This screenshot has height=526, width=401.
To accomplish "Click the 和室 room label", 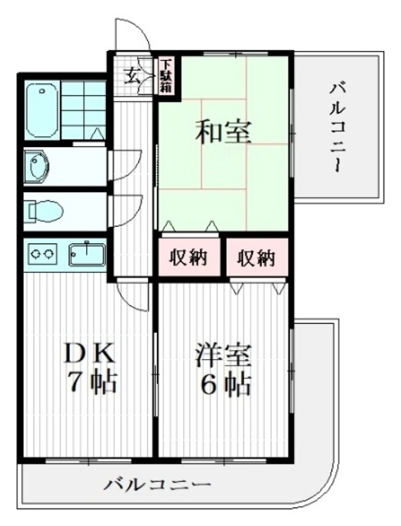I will (223, 131).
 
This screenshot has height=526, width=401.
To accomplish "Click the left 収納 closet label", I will (188, 257).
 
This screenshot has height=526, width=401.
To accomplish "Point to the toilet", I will (41, 211).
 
